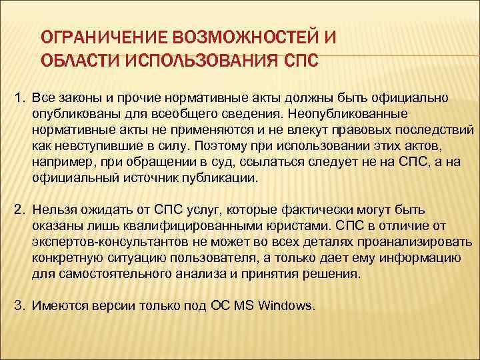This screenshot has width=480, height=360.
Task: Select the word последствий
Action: tap(433, 130)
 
